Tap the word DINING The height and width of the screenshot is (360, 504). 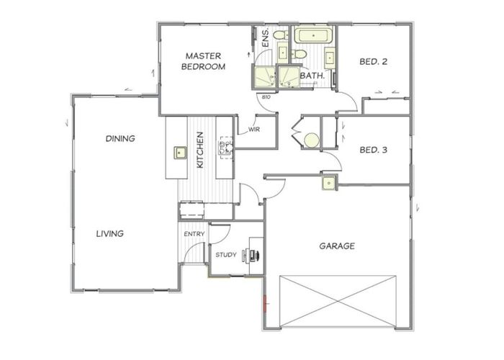[121, 138]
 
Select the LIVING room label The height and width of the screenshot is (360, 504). [111, 233]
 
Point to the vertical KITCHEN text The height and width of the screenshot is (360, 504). [201, 150]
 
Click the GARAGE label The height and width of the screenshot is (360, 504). [337, 246]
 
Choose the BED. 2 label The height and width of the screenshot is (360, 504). [374, 62]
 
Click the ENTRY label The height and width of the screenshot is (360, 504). [194, 234]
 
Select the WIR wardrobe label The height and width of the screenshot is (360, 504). [253, 130]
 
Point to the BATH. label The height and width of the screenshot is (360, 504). [312, 75]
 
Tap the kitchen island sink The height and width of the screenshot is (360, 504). [179, 153]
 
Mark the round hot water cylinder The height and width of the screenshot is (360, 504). [310, 140]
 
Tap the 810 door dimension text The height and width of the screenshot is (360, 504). [266, 97]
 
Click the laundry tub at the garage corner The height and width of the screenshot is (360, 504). [328, 183]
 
